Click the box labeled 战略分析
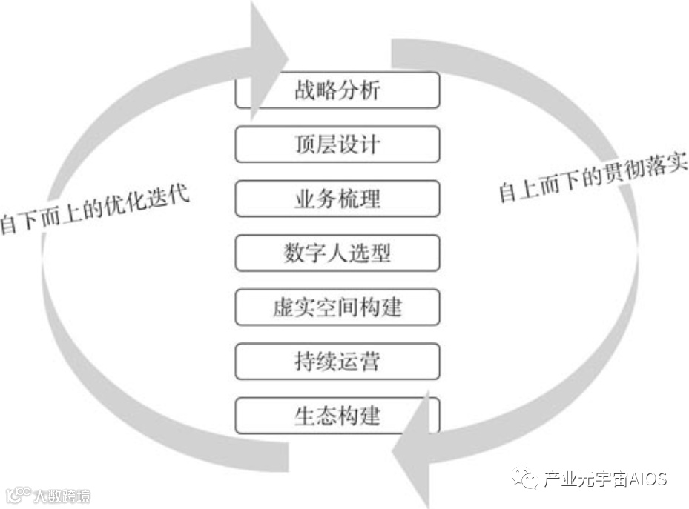337,90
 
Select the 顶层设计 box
337,144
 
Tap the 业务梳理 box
337,199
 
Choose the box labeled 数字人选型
337,253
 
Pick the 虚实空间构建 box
337,307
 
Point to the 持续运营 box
337,362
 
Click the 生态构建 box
337,416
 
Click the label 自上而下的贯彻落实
593,179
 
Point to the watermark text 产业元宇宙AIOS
604,479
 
